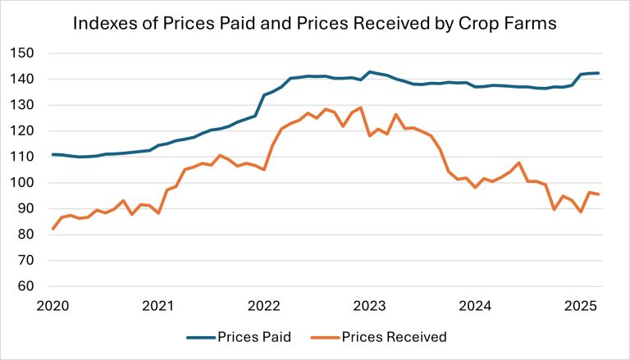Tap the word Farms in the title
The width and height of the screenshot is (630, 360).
click(x=530, y=24)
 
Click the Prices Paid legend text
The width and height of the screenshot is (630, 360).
click(x=252, y=337)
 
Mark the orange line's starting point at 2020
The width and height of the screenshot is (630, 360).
click(x=52, y=229)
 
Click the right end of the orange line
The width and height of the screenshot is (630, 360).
click(x=599, y=194)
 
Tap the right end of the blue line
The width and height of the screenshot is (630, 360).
click(x=599, y=73)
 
